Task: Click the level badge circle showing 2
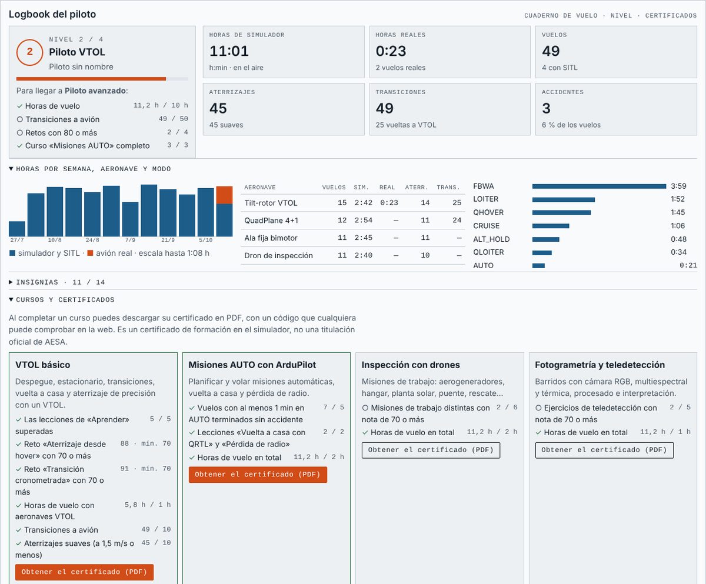click(x=30, y=52)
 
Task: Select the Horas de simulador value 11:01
click(x=229, y=51)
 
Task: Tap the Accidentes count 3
click(x=546, y=108)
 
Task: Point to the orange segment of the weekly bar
click(x=224, y=195)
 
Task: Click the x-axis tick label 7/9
click(x=130, y=240)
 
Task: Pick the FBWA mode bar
click(x=599, y=186)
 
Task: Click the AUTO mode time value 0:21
click(x=688, y=265)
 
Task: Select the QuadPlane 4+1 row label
click(x=271, y=221)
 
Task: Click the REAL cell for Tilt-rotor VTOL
click(x=389, y=203)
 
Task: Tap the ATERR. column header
click(x=417, y=187)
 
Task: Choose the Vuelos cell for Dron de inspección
click(x=342, y=255)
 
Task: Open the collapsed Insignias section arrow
click(x=11, y=282)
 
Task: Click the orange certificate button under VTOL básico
click(x=84, y=572)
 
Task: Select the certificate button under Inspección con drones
click(x=431, y=450)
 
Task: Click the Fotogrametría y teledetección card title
click(x=600, y=365)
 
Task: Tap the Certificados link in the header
click(x=671, y=15)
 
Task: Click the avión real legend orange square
click(x=90, y=253)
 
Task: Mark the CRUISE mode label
click(x=486, y=226)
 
